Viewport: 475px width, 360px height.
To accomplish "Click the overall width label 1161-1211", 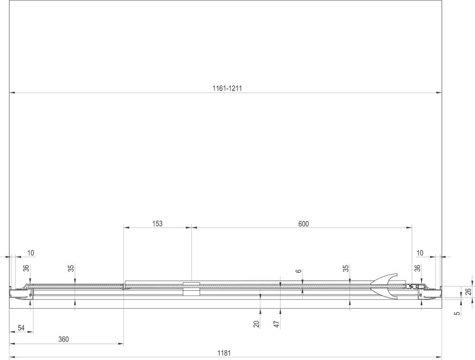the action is coord(227,88).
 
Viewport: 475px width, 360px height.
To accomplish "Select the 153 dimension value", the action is coord(157,224).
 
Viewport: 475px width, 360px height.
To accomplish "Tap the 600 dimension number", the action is coord(303,224).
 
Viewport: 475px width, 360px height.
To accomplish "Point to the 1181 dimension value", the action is coord(224,353).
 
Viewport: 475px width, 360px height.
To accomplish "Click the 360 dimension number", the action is coord(63,339).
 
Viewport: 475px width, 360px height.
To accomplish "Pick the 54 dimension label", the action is coord(21,328).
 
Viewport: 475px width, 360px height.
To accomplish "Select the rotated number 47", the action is coord(276,324).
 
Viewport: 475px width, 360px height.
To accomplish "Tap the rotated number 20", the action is coord(257,324).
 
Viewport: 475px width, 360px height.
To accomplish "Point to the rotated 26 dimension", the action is coord(468,292).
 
